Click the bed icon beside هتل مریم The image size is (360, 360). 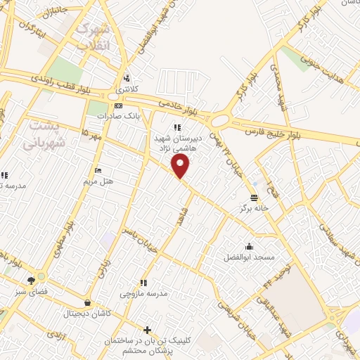click(x=98, y=170)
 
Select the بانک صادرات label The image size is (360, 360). click(x=115, y=115)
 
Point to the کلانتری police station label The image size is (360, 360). click(x=128, y=89)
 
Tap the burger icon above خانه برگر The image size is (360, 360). click(x=254, y=196)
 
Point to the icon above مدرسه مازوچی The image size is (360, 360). click(x=143, y=282)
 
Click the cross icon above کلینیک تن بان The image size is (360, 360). click(x=147, y=330)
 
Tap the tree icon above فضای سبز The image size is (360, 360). click(x=31, y=281)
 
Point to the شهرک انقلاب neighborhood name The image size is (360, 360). click(x=94, y=37)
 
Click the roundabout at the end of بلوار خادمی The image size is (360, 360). click(x=219, y=121)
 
